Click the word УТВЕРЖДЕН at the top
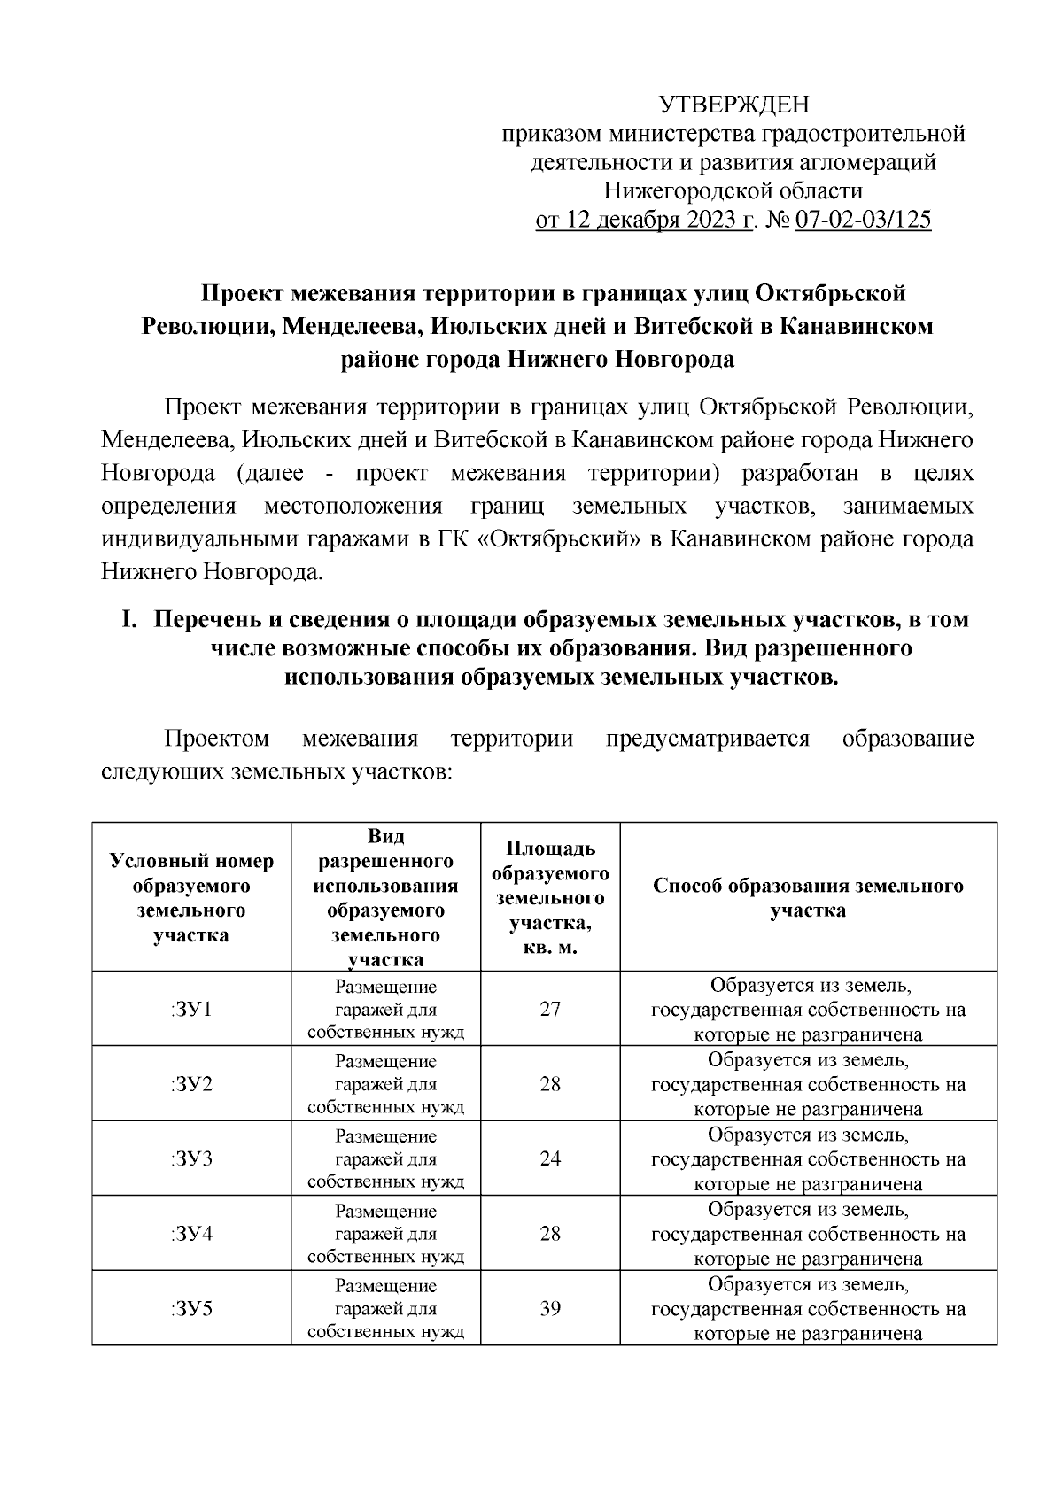point(733,105)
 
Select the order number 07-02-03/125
point(863,221)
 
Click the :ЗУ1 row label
point(191,1009)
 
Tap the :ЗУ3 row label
point(191,1158)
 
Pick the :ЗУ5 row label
point(191,1308)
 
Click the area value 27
point(550,1009)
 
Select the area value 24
point(550,1158)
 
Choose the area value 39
point(550,1308)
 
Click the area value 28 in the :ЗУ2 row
point(550,1084)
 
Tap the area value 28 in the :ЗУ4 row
point(550,1234)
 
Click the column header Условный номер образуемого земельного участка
point(191,897)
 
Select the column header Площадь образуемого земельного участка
point(550,897)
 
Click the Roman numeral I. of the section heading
point(128,619)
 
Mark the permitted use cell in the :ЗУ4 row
point(385,1234)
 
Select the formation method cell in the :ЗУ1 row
point(808,1010)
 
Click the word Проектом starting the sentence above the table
point(217,739)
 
